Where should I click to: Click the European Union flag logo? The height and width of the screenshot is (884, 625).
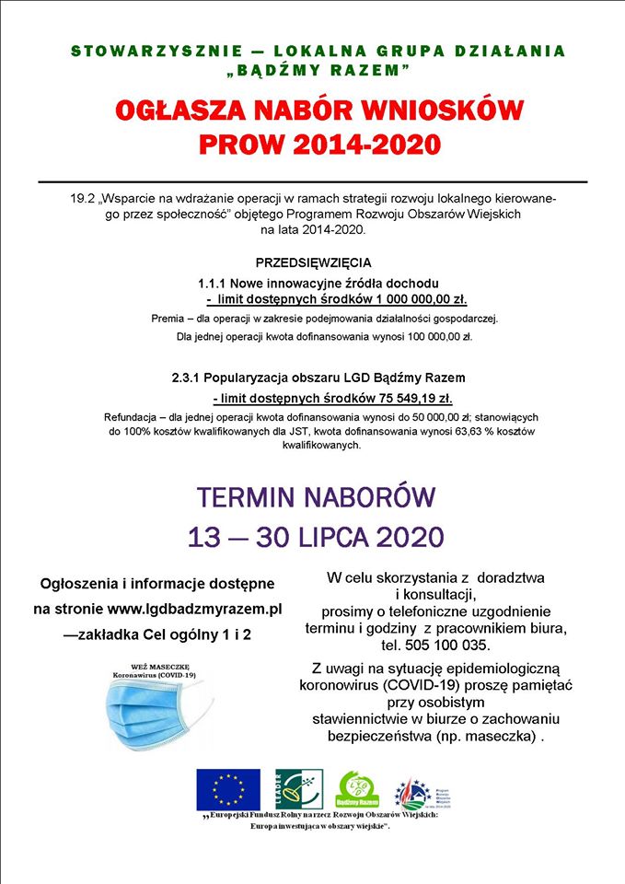227,789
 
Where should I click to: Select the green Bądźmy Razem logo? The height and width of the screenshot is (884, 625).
359,789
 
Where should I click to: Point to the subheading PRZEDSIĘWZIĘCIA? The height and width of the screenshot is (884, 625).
313,262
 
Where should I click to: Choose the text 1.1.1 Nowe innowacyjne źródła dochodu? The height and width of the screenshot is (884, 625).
318,282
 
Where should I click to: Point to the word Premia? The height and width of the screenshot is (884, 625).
168,319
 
